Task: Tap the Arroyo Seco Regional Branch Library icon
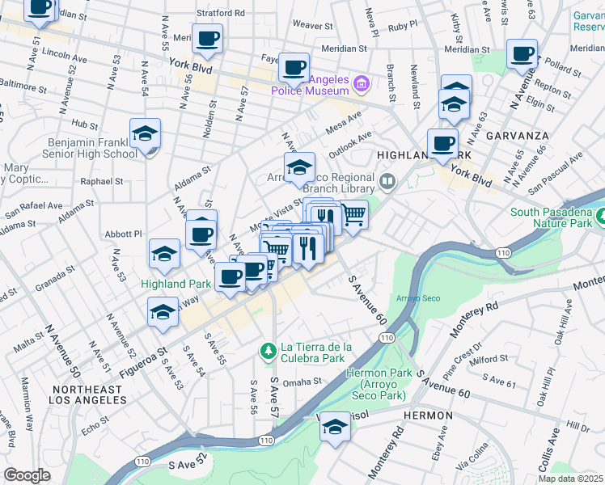388,182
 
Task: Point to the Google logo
27,474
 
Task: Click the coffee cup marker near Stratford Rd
208,38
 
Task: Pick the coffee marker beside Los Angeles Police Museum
294,67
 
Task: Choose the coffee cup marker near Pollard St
522,54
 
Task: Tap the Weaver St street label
312,25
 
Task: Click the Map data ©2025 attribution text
571,479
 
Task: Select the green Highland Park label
176,284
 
